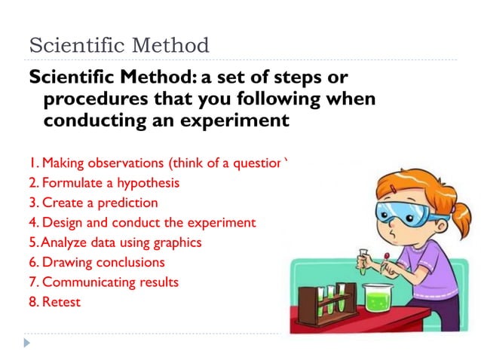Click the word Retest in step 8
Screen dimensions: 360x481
pos(61,303)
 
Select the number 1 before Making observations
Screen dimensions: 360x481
pos(32,162)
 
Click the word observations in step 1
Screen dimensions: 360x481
pos(124,162)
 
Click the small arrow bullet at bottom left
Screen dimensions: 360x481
pos(28,343)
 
